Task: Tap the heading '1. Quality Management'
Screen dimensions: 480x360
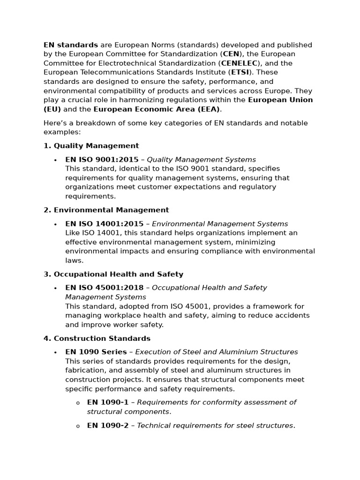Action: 91,146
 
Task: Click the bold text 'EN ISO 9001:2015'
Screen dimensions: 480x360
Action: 102,160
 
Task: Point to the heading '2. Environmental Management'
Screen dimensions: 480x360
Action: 106,210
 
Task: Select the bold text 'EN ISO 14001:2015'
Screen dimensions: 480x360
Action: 105,224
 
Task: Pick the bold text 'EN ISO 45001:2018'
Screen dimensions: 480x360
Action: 105,288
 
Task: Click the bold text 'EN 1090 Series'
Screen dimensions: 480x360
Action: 96,352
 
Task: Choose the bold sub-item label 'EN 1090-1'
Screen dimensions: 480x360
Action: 108,402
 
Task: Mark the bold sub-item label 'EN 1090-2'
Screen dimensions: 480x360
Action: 108,426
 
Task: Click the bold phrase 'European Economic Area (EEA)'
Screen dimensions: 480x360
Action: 157,109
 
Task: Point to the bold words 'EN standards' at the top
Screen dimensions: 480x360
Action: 71,45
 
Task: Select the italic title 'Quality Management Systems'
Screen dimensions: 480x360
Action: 202,160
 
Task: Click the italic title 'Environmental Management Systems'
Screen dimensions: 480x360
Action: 220,224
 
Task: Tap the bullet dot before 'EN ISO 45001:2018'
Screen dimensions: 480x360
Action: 56,288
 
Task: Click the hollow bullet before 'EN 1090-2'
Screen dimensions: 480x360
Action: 78,426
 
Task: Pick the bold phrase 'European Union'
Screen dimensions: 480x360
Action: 280,100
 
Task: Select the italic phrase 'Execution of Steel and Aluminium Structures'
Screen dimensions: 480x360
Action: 217,352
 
